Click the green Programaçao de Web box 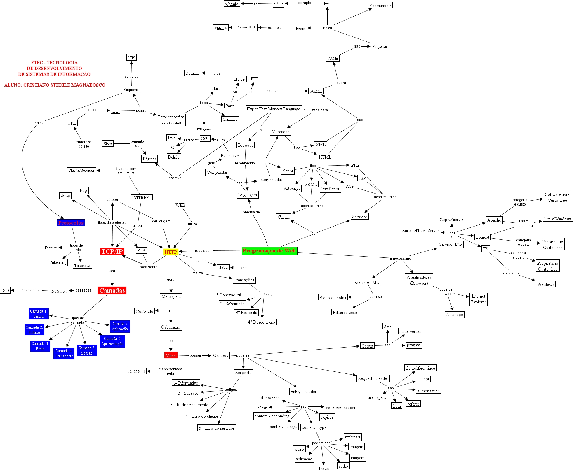tap(269, 251)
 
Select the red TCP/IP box tap(112, 251)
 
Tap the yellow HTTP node tap(171, 252)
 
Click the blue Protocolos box tap(71, 223)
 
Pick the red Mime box tap(171, 355)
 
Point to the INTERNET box tap(142, 197)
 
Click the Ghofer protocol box tap(112, 199)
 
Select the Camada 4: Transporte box tap(64, 353)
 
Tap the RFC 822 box tap(136, 371)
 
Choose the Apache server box tap(494, 220)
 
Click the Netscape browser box tap(454, 315)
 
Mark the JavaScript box tap(330, 189)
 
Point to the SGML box tap(316, 91)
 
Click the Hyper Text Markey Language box tap(273, 109)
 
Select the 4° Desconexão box tap(261, 322)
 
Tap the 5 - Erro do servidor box tap(217, 428)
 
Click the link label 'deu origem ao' tap(161, 223)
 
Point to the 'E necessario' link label tap(400, 258)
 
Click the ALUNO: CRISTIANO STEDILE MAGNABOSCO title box tap(55, 85)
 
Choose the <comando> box tap(380, 5)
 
